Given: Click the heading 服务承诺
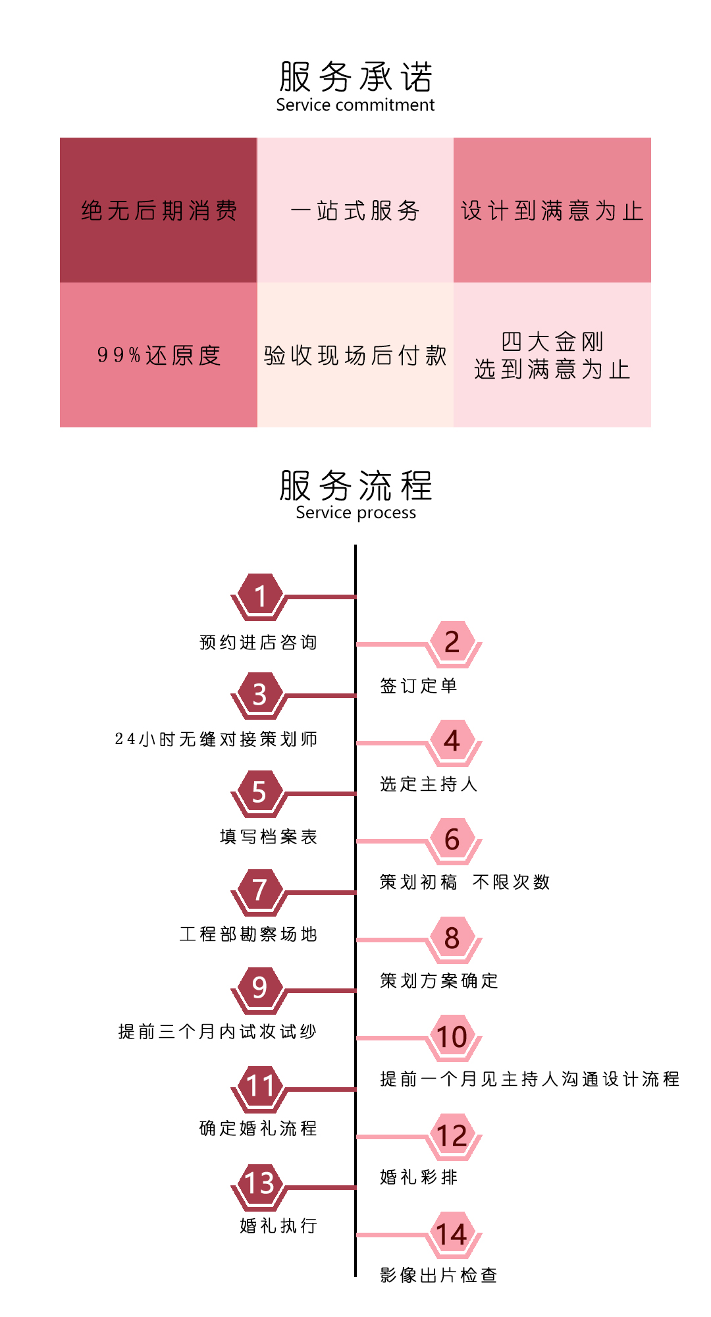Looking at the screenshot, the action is [355, 77].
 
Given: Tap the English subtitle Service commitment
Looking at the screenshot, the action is [355, 105].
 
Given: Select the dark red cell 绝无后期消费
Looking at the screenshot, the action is [159, 210].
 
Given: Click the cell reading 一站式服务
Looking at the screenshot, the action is [355, 210].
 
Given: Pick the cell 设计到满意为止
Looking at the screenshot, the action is [552, 210].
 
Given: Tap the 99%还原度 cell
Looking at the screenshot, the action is [159, 355].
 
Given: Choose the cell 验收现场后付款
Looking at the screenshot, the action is [355, 355].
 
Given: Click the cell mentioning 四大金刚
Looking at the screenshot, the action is [552, 355].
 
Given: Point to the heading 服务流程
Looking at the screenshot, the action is [355, 485].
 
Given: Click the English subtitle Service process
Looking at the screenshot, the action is [355, 513].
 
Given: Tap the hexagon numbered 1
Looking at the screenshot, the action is [260, 597].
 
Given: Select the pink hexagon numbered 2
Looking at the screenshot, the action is [452, 643].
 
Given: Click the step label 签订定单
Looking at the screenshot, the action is [418, 685].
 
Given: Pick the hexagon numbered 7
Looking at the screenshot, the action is [260, 892].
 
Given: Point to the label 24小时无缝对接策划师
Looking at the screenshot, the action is [216, 739].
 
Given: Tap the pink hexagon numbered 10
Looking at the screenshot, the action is [452, 1037].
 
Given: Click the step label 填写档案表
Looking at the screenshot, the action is [269, 836].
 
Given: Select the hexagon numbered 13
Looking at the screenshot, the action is [260, 1186].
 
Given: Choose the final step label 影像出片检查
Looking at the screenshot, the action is [438, 1275].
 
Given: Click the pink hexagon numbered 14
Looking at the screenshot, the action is [452, 1235].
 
